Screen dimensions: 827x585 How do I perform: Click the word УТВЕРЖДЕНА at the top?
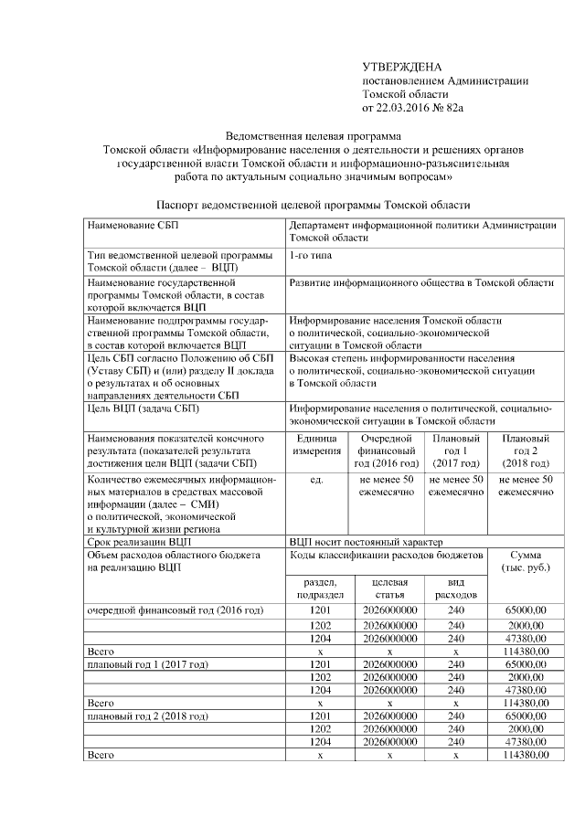(402, 68)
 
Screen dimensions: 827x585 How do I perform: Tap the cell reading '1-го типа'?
(312, 256)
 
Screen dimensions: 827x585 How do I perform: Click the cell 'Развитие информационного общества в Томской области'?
(420, 284)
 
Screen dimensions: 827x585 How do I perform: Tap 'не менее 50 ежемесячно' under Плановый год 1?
(455, 486)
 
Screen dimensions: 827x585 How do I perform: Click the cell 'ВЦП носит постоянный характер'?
(364, 541)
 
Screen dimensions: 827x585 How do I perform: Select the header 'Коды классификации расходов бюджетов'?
(392, 555)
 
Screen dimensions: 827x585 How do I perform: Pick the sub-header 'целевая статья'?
(389, 588)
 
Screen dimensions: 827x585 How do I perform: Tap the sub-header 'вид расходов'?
(456, 588)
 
